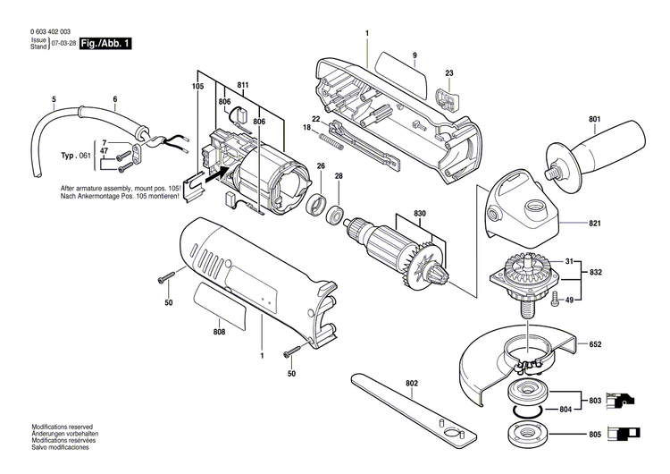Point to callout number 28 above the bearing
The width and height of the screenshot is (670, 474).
[339, 177]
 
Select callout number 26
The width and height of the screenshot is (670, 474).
[320, 165]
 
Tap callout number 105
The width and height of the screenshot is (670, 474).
[197, 87]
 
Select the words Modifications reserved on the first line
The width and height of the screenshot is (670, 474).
[62, 427]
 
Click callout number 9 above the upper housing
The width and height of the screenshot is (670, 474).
[415, 56]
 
